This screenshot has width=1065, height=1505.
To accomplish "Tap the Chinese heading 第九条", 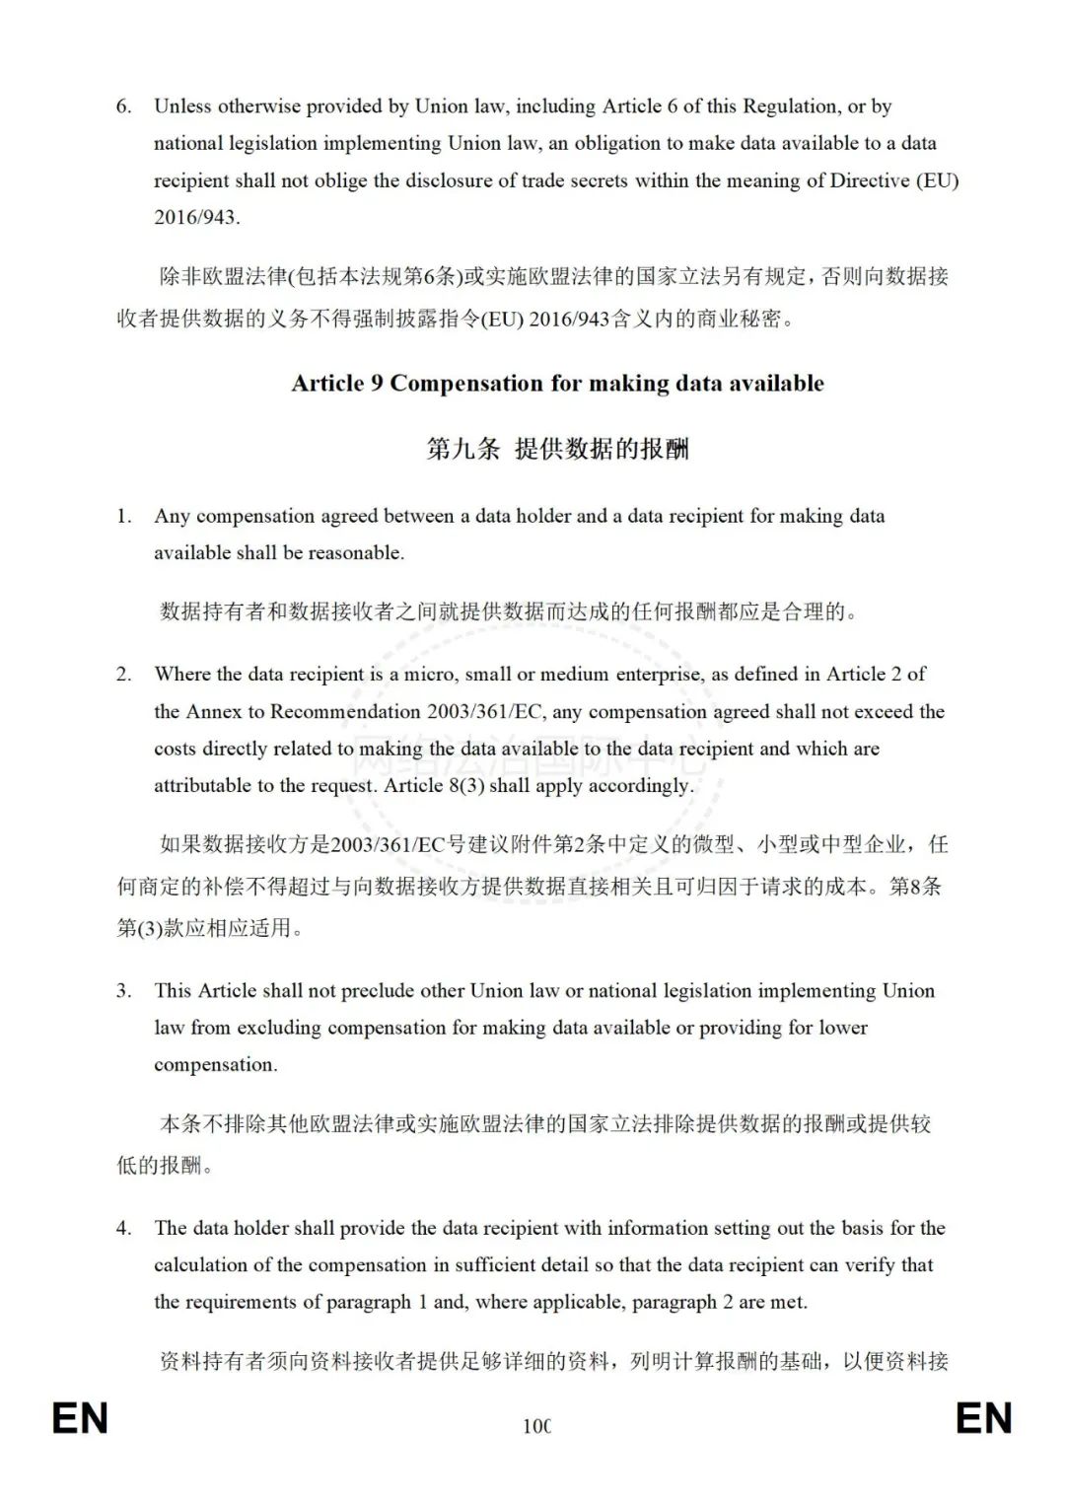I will [x=462, y=450].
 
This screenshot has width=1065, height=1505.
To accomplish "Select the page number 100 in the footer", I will [x=536, y=1426].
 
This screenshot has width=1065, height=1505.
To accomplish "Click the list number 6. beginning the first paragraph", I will [x=123, y=107].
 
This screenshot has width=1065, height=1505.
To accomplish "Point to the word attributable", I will [x=203, y=786].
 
